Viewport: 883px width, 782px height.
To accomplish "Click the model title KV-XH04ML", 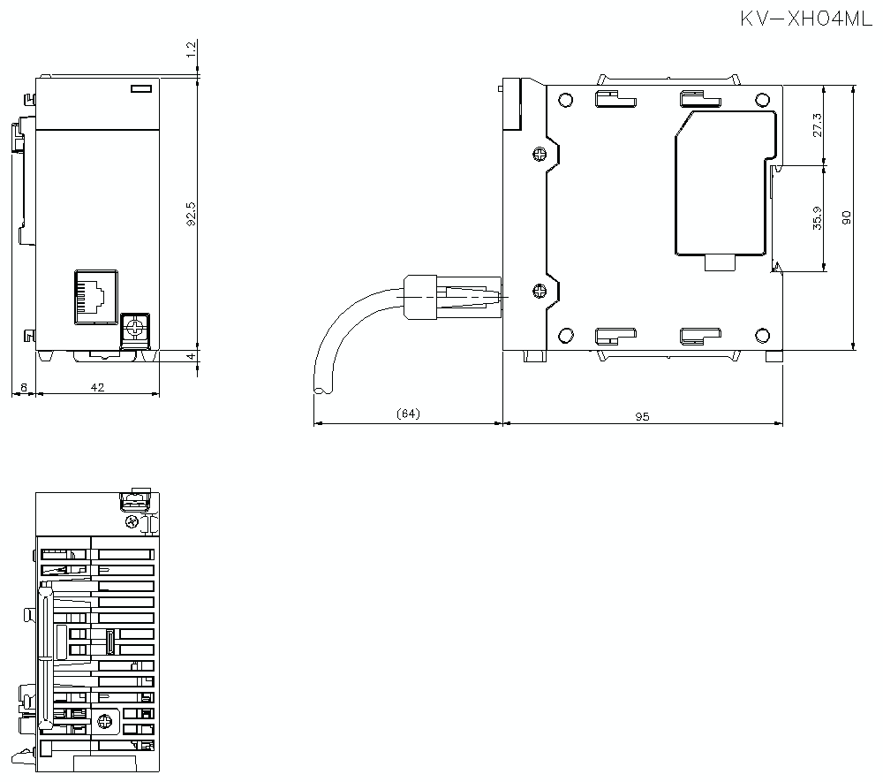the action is tap(806, 19).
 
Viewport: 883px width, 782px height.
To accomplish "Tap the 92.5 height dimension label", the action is tap(192, 214).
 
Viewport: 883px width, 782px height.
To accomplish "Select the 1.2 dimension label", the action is tap(192, 49).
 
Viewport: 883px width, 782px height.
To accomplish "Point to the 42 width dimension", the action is tap(97, 387).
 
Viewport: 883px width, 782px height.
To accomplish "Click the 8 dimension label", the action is tap(24, 388).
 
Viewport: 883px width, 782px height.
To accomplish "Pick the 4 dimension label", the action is tap(192, 356).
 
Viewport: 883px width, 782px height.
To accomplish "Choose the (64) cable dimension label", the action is tap(408, 414).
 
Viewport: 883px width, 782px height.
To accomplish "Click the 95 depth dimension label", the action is tap(642, 417).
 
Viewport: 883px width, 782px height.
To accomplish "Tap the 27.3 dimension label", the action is tap(817, 125).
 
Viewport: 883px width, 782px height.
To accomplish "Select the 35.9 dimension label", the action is tap(817, 218).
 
